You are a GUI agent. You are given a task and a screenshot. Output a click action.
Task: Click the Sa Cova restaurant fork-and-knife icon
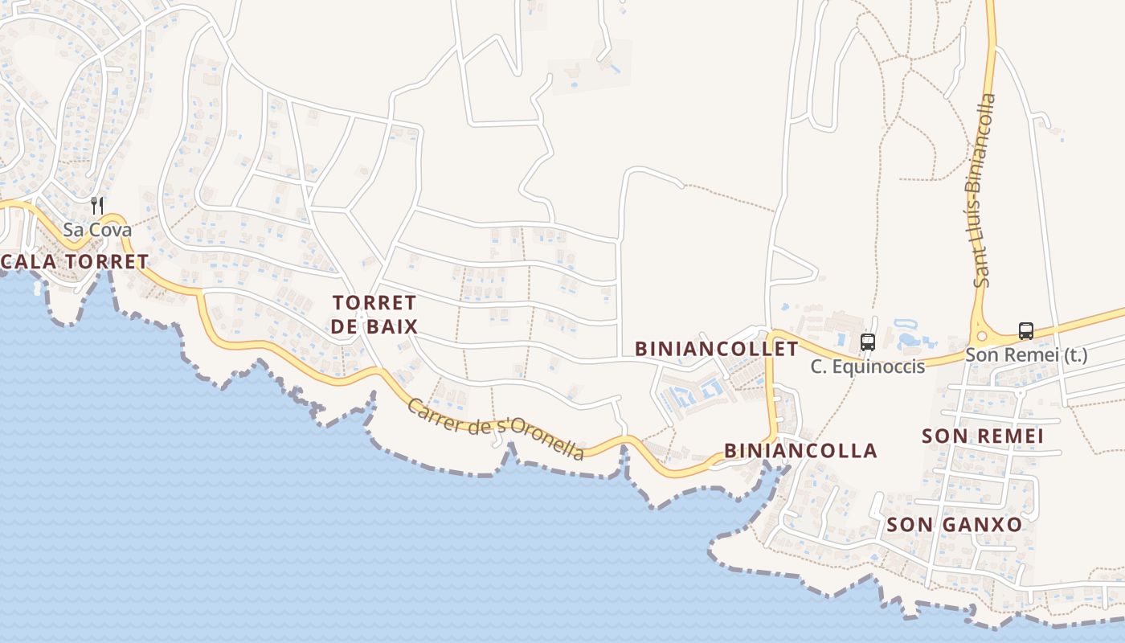[x=97, y=206]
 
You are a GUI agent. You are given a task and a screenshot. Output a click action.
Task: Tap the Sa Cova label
[x=97, y=230]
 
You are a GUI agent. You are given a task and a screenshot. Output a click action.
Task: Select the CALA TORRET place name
[x=75, y=261]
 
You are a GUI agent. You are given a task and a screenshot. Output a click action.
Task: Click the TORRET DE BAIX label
[x=374, y=314]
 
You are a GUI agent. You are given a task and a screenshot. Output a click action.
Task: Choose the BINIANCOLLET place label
[x=717, y=349]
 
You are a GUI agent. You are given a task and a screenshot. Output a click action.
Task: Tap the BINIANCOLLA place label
[x=800, y=451]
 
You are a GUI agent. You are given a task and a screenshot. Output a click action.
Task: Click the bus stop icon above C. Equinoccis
[x=867, y=342]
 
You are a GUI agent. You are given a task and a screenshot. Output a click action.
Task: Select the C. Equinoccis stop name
[x=867, y=367]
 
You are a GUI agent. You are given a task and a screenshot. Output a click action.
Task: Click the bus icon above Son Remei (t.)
[x=1026, y=330]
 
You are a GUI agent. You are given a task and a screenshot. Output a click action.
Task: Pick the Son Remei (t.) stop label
[x=1026, y=355]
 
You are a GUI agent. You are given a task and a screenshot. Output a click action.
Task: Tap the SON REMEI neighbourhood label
[x=983, y=436]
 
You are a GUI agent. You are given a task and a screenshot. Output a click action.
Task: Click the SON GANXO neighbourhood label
[x=955, y=525]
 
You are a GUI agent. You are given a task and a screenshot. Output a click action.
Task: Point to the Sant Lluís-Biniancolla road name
[x=984, y=190]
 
